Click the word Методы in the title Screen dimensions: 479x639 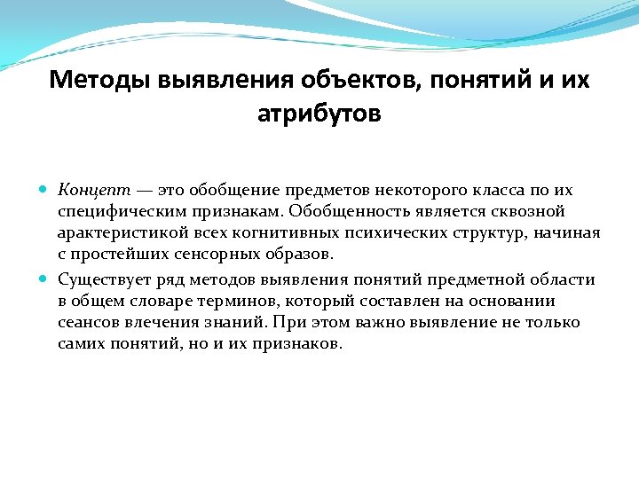pyautogui.click(x=100, y=81)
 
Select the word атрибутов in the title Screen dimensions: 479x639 pyautogui.click(x=319, y=114)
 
